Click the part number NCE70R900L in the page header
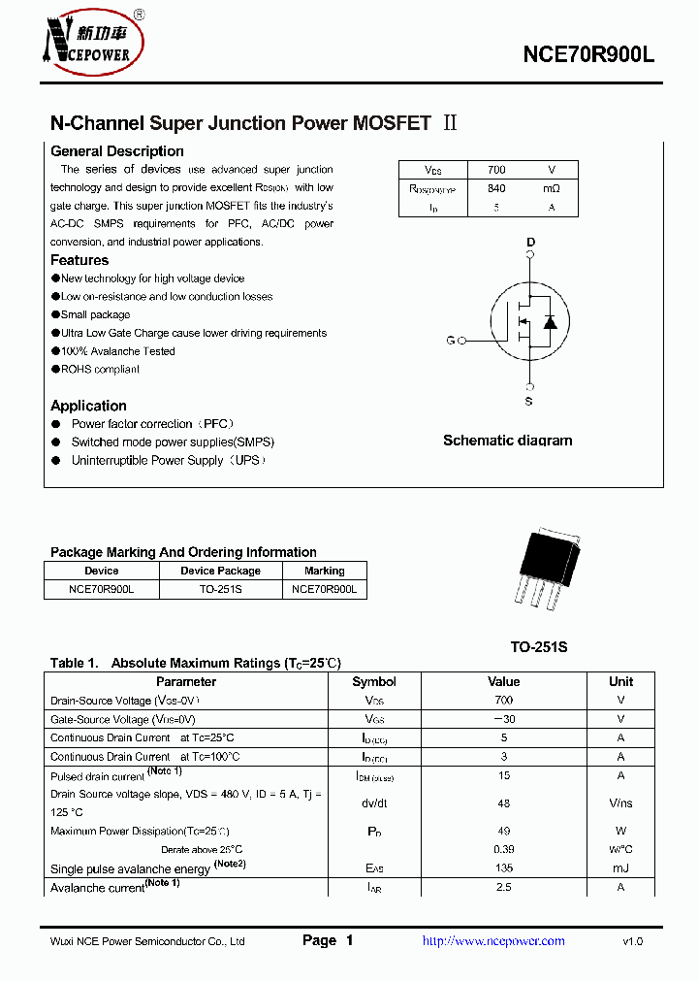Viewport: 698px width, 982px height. point(588,55)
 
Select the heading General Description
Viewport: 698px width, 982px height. point(116,151)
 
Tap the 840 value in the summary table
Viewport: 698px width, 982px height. point(496,188)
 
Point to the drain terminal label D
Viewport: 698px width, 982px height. point(530,242)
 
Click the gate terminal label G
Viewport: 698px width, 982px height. point(451,341)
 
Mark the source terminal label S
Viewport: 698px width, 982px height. point(529,401)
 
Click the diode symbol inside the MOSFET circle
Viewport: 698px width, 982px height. point(550,322)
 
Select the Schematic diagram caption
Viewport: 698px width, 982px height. point(507,441)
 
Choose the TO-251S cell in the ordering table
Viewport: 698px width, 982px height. point(220,589)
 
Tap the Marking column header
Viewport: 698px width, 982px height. point(324,571)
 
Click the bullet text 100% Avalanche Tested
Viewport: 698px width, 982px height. point(118,351)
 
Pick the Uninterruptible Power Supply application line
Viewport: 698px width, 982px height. point(168,460)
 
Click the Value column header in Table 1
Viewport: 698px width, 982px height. point(503,681)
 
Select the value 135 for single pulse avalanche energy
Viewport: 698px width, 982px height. point(503,868)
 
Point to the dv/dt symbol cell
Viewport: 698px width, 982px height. point(374,803)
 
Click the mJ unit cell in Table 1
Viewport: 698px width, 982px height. point(620,868)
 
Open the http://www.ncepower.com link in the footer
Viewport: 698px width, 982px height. point(493,940)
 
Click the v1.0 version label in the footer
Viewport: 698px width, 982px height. point(632,940)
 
